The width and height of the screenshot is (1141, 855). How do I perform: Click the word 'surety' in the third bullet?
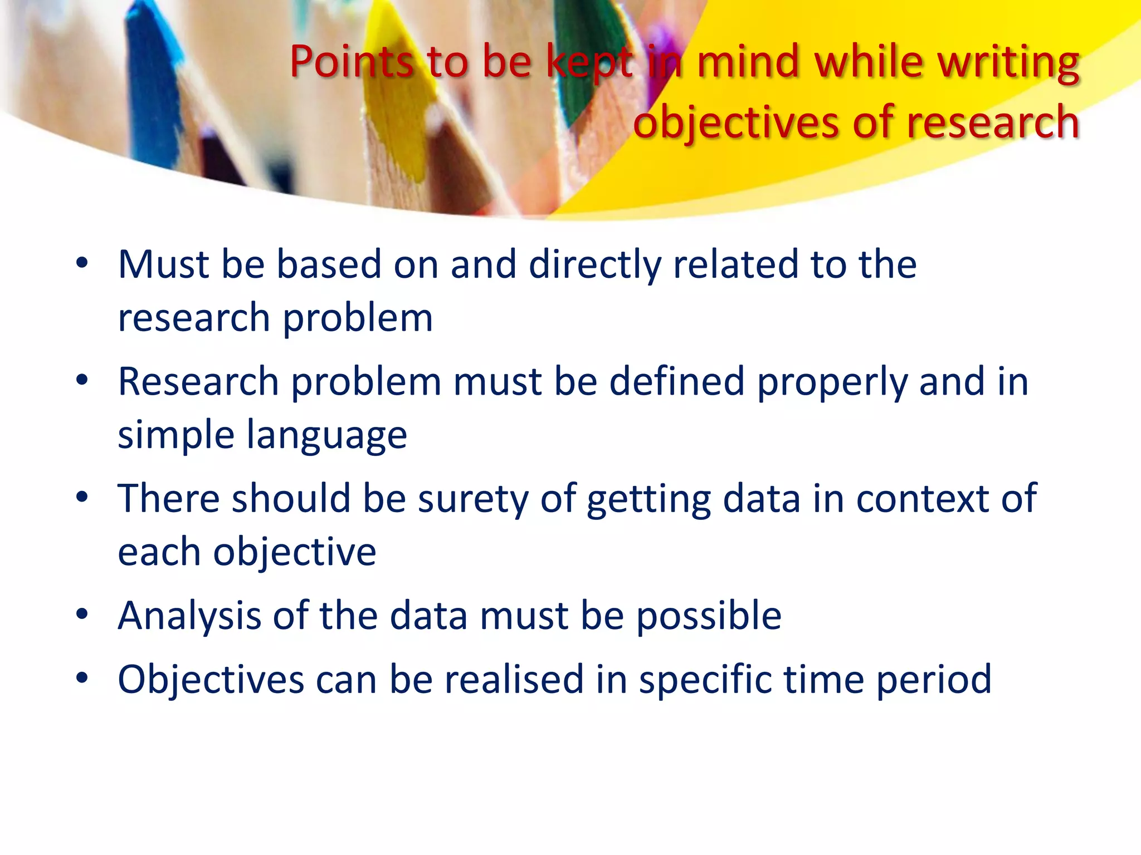[x=473, y=499]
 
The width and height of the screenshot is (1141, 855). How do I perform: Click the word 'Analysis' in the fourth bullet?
[x=189, y=616]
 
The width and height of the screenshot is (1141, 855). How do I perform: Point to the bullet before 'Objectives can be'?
[x=82, y=678]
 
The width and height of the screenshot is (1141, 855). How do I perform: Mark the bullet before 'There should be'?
[x=82, y=497]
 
